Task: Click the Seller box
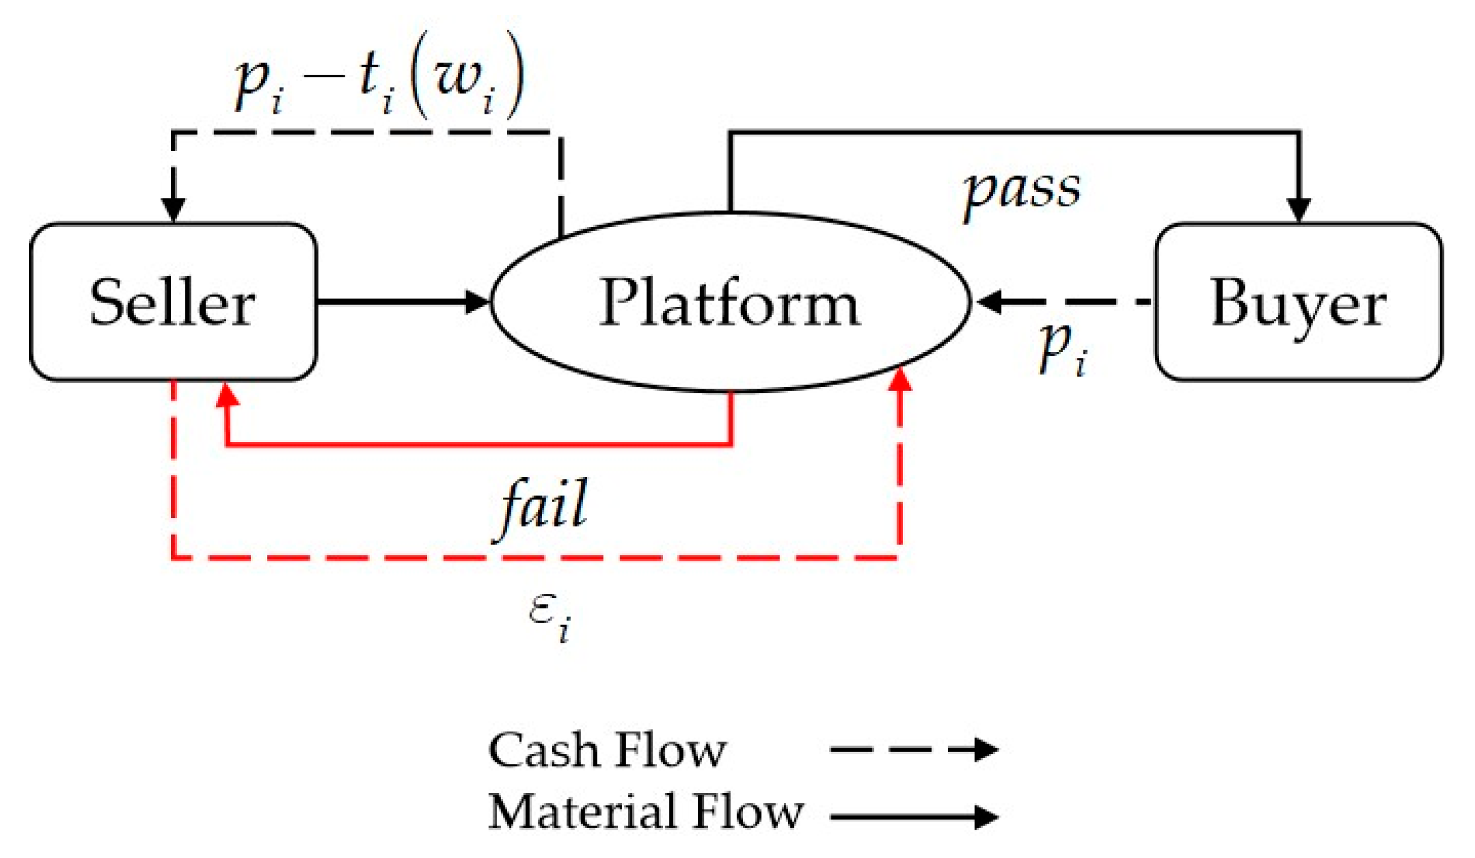pos(173,302)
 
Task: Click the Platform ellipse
pos(730,302)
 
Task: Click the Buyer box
pos(1298,302)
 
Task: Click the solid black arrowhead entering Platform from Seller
pos(478,301)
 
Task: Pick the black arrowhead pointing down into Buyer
pos(1298,209)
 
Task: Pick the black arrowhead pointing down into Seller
pos(173,209)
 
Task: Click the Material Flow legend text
pos(645,812)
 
